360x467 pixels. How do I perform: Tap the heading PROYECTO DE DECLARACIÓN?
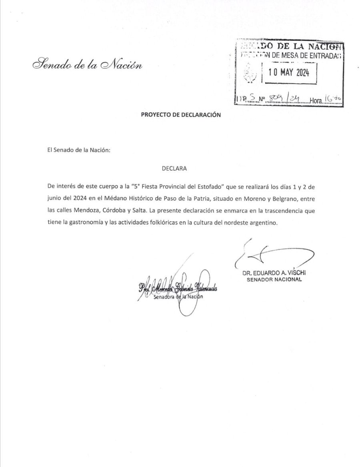181,114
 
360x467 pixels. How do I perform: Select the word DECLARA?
174,168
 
